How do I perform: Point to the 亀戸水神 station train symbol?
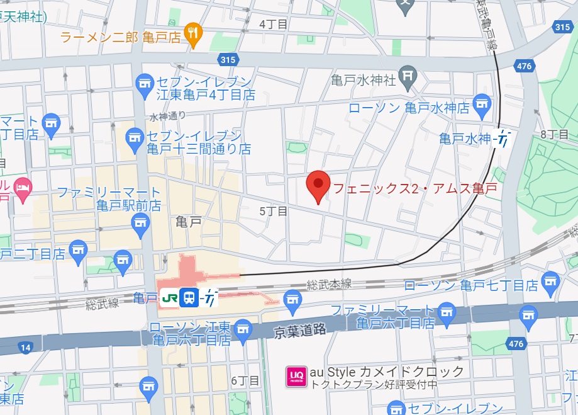tap(503, 138)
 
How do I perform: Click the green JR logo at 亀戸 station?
tap(169, 297)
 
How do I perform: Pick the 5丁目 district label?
tap(273, 212)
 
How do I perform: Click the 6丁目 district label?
tap(245, 381)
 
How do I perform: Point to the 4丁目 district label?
tap(273, 24)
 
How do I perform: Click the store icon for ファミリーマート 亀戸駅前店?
tap(141, 222)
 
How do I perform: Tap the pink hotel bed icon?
tap(23, 187)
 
